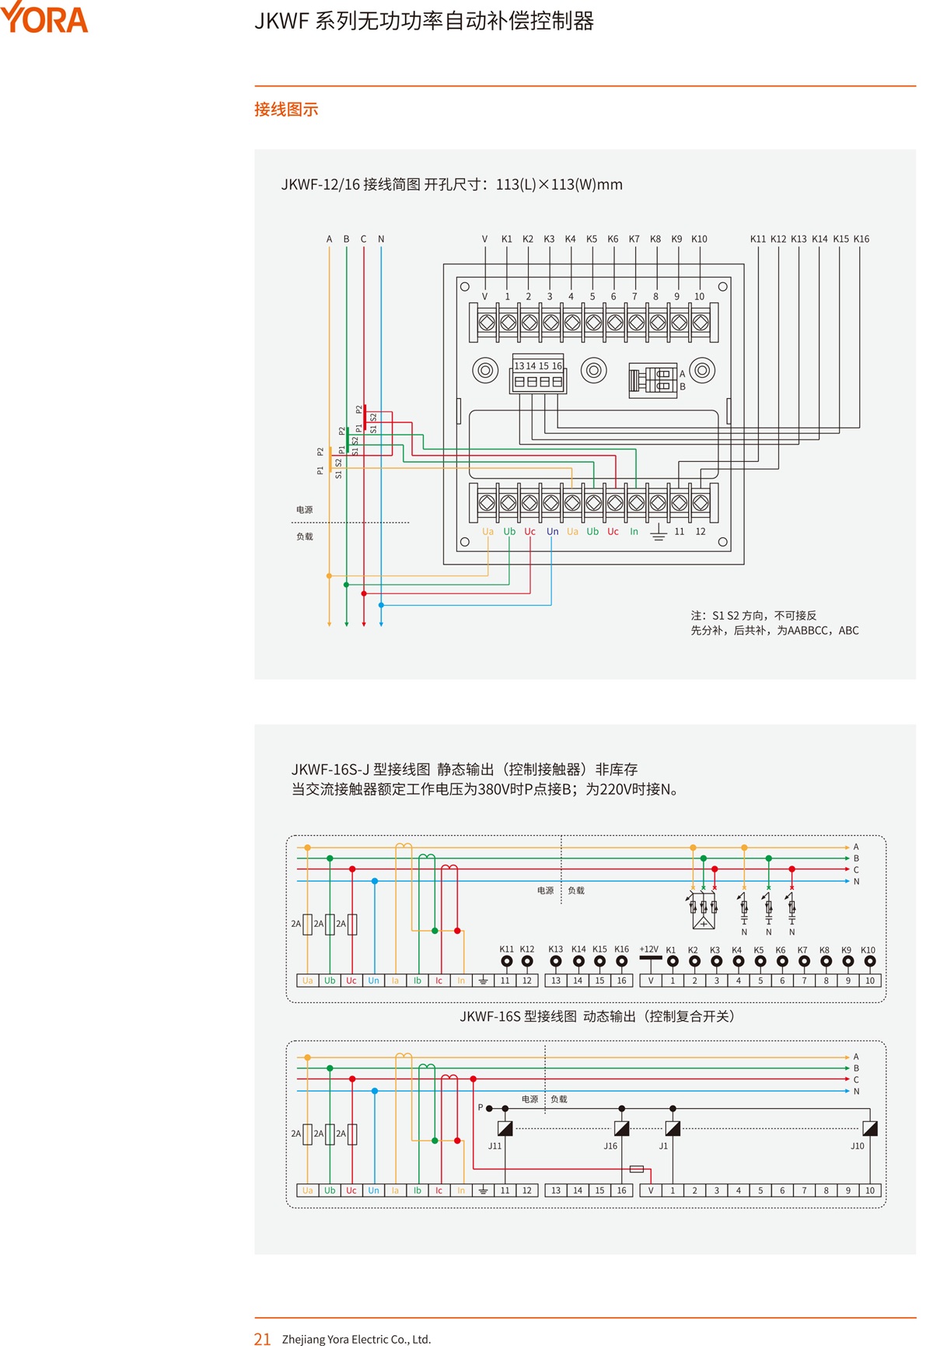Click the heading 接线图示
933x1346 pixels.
[x=286, y=110]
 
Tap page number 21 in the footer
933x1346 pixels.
[x=262, y=1338]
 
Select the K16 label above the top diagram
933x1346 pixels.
[x=861, y=239]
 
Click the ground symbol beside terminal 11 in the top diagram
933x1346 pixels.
[x=659, y=532]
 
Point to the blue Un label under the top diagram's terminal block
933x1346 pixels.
[x=552, y=532]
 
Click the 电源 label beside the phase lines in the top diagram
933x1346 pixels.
[x=304, y=510]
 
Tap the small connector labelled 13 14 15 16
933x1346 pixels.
[x=537, y=374]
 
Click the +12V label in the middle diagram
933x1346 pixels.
[x=648, y=949]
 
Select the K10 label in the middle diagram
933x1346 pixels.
[x=868, y=950]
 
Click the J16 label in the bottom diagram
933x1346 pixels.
[x=610, y=1146]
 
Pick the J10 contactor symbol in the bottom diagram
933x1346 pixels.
[x=870, y=1128]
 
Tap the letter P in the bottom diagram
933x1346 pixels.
[x=480, y=1107]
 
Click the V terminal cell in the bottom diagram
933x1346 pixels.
[x=651, y=1190]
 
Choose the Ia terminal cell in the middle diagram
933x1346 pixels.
[x=395, y=981]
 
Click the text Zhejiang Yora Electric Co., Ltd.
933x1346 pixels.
[x=356, y=1339]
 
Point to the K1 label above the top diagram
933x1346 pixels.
[x=507, y=239]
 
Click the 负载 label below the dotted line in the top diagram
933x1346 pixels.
[x=304, y=537]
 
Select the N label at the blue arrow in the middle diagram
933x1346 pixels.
[x=856, y=882]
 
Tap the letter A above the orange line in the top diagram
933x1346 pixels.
[x=329, y=239]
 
